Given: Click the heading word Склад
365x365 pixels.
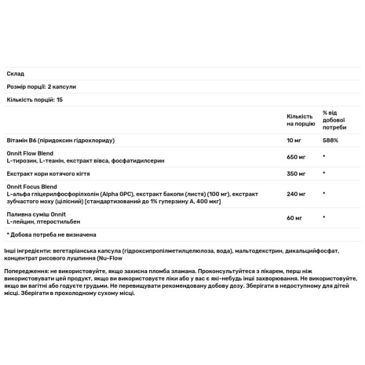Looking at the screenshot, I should pos(15,74).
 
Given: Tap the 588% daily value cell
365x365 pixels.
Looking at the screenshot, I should pos(330,140).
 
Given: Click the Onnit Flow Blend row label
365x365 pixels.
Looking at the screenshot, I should pos(28,152).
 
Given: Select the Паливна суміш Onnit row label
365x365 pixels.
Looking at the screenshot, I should pos(32,214).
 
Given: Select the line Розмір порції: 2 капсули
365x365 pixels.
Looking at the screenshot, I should pos(41,87).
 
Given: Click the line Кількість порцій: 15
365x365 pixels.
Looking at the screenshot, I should pos(35,99).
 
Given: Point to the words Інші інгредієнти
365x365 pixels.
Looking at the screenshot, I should pos(27,250).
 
